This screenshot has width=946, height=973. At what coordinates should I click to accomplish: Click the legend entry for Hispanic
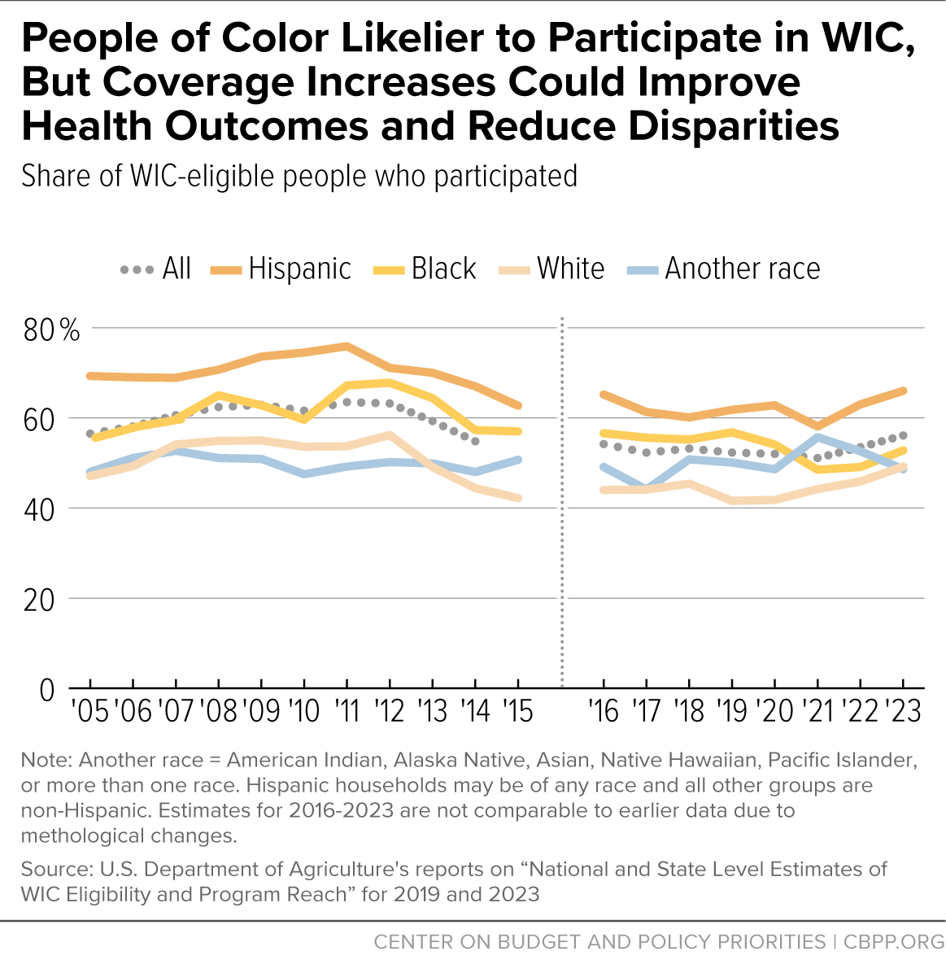[x=281, y=268]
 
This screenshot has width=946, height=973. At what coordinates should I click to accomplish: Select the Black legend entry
[x=425, y=268]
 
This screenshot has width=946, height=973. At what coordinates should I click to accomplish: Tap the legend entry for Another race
[x=724, y=268]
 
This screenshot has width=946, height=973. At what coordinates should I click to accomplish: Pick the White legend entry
[x=551, y=268]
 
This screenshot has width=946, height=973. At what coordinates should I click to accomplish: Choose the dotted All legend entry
[x=155, y=268]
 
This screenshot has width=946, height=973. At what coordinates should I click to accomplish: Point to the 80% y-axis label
[x=52, y=330]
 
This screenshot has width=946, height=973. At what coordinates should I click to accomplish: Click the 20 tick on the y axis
[x=39, y=600]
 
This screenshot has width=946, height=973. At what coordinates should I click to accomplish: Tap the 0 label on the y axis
[x=47, y=690]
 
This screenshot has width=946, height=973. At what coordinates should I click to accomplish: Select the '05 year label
[x=90, y=711]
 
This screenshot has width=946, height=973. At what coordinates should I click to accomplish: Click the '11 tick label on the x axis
[x=347, y=711]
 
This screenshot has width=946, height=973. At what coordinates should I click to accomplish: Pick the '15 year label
[x=518, y=711]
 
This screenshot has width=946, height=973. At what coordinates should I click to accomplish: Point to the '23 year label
[x=903, y=711]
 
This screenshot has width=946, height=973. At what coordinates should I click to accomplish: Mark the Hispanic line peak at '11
[x=347, y=346]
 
